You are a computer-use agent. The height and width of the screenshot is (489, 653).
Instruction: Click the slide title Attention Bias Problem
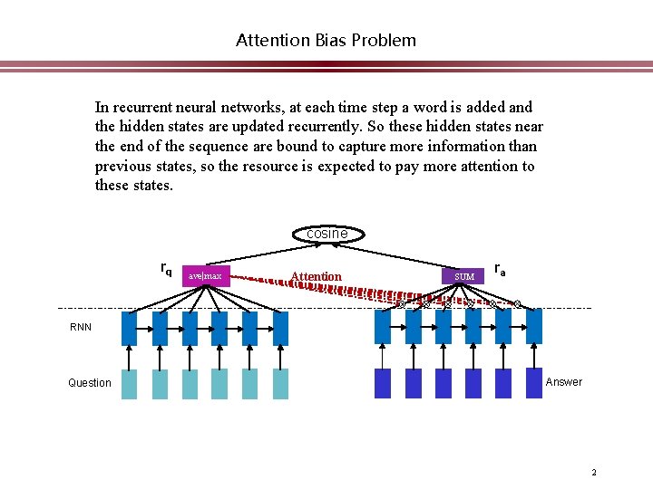point(326,40)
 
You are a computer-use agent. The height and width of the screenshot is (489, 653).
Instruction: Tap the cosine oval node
point(326,234)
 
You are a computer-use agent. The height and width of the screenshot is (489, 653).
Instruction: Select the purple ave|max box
point(206,274)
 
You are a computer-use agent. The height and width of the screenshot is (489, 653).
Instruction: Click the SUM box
point(463,275)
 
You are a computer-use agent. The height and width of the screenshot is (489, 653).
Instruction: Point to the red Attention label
point(316,276)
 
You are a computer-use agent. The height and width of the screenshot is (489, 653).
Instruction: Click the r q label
point(166,269)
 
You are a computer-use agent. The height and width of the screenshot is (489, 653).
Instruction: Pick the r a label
point(500,269)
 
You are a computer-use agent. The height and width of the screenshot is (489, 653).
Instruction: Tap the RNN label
point(81,327)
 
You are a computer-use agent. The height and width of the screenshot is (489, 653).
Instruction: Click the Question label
point(90,383)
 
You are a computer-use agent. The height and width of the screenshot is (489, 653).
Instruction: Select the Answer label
point(564,382)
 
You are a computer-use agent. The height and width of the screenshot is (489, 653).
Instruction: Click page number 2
point(593,472)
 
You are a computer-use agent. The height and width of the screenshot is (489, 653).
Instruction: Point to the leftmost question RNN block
point(130,328)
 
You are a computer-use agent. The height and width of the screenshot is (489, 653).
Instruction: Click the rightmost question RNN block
point(280,328)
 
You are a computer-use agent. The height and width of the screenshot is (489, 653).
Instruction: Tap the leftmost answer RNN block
point(383,327)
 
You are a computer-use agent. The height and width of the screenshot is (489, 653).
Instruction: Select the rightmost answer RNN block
point(533,327)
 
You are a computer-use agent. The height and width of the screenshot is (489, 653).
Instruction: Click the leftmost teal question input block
point(130,384)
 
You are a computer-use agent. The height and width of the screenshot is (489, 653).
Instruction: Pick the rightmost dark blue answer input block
point(533,384)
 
